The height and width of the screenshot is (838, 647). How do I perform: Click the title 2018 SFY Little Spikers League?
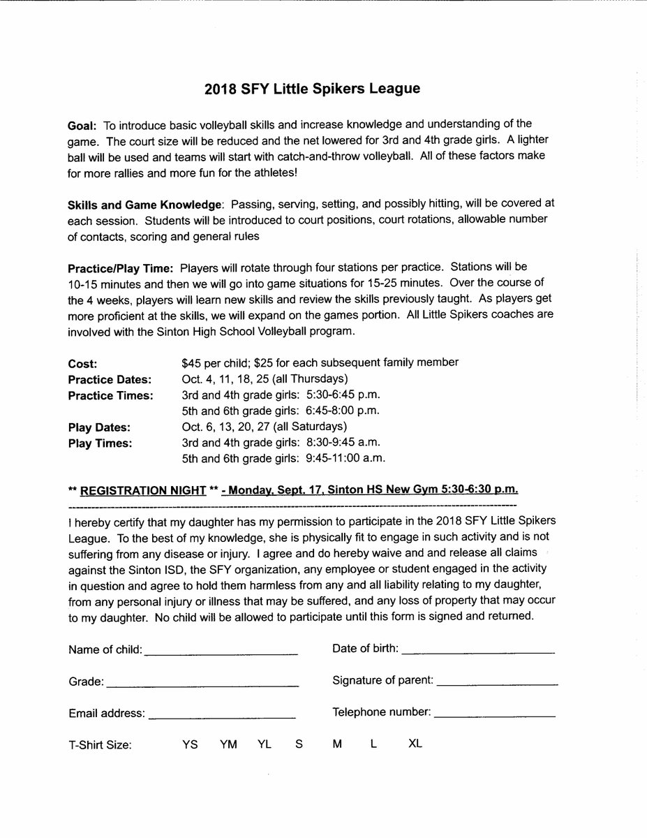pyautogui.click(x=322, y=89)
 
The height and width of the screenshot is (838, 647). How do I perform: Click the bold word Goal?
pyautogui.click(x=83, y=126)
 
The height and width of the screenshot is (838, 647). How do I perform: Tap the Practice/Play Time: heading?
pyautogui.click(x=121, y=268)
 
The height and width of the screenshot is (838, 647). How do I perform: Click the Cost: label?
pyautogui.click(x=82, y=364)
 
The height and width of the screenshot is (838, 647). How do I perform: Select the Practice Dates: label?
pyautogui.click(x=110, y=380)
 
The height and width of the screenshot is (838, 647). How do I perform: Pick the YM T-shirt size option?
pyautogui.click(x=228, y=744)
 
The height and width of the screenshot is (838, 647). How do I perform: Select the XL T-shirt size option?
pyautogui.click(x=415, y=744)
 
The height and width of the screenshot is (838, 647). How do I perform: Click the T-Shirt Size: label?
pyautogui.click(x=100, y=745)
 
